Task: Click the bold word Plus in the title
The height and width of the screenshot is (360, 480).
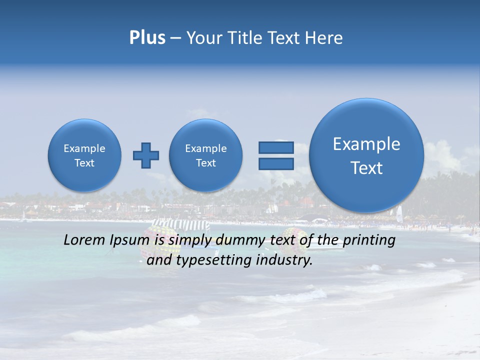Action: click(x=147, y=38)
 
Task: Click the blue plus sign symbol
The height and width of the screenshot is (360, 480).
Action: click(x=146, y=155)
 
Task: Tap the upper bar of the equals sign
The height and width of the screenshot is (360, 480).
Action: click(x=276, y=147)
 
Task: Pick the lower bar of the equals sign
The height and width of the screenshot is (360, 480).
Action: click(x=276, y=164)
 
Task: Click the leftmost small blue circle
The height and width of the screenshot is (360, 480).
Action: click(x=84, y=155)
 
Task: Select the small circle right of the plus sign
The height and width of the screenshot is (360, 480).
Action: click(x=206, y=155)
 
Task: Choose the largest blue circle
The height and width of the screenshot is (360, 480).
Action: click(x=366, y=155)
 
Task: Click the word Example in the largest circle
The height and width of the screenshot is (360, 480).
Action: click(x=366, y=144)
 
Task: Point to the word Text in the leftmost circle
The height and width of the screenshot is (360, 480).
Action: click(x=84, y=163)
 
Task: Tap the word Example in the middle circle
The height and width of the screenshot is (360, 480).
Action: click(x=206, y=148)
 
